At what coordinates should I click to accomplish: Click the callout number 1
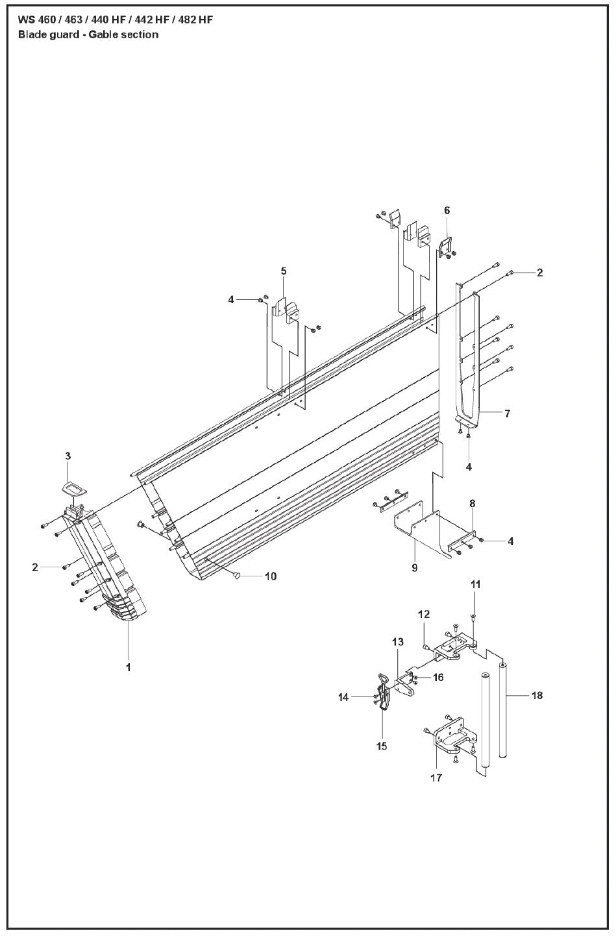[x=128, y=667]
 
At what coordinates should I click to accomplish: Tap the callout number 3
[x=68, y=456]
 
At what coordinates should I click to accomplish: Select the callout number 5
[x=284, y=271]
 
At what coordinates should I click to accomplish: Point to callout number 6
[x=447, y=210]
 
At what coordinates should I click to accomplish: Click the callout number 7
[x=507, y=413]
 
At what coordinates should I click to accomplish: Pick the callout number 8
[x=473, y=503]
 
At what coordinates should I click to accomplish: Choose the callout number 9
[x=414, y=567]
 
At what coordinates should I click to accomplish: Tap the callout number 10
[x=269, y=576]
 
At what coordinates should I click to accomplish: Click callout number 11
[x=475, y=585]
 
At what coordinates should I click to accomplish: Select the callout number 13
[x=397, y=642]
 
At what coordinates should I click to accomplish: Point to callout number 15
[x=382, y=746]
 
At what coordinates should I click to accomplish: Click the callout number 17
[x=436, y=777]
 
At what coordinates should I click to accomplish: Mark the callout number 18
[x=538, y=696]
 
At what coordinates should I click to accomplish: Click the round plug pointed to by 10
[x=237, y=575]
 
